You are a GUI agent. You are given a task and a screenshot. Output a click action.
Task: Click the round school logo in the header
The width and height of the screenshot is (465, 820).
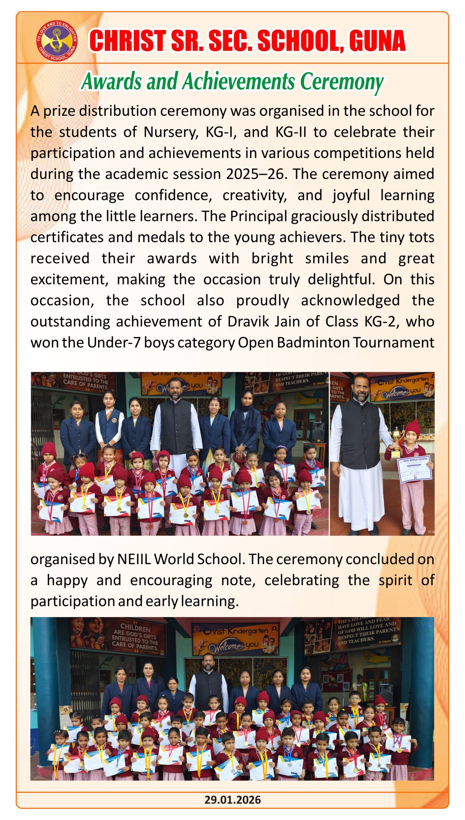(x=56, y=41)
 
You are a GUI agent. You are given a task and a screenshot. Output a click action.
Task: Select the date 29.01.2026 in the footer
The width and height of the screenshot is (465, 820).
(x=232, y=799)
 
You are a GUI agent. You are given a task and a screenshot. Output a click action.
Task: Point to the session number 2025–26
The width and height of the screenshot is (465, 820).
(x=255, y=174)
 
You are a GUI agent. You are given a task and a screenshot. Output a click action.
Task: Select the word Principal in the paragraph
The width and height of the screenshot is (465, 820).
(x=258, y=216)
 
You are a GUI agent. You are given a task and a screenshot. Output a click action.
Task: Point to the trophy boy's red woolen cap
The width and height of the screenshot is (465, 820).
(x=412, y=428)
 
